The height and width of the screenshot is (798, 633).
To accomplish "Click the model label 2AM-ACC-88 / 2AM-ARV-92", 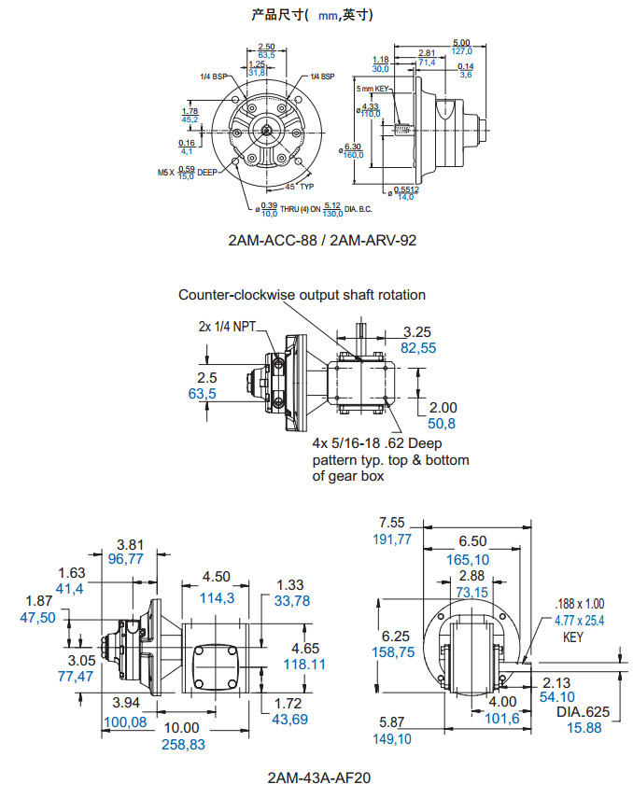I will click(321, 240).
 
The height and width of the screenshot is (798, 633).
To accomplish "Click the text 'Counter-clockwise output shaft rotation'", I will click(302, 295).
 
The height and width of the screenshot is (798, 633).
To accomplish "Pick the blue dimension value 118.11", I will click(305, 664).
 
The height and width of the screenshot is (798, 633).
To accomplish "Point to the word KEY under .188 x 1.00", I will click(572, 636).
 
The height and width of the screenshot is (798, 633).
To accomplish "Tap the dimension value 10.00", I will click(182, 727).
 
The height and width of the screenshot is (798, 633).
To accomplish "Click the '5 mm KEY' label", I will click(373, 89).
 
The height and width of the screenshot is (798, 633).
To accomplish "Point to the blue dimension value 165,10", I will click(473, 558).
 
